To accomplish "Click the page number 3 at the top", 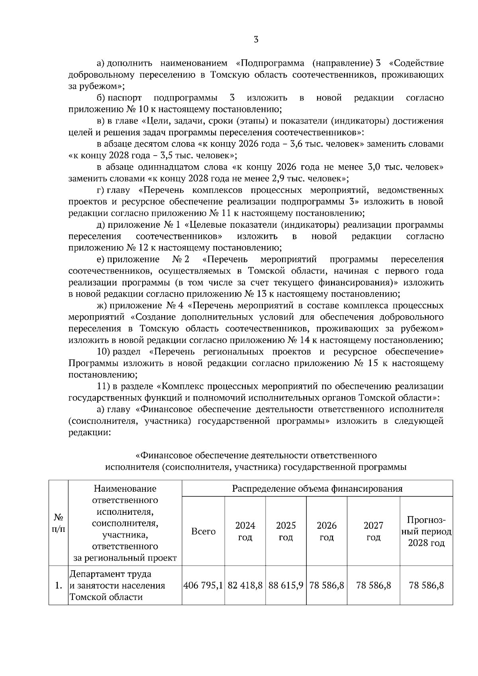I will [256, 39].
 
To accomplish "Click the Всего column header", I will [203, 531].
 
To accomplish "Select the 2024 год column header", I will [245, 531].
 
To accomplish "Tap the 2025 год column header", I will [286, 531].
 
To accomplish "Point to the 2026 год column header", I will [327, 531].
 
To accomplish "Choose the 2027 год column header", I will [373, 531].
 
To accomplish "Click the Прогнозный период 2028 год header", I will [426, 531].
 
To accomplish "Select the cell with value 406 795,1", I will [203, 586].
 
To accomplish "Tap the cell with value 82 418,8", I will [245, 586].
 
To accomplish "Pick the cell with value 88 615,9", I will [286, 586].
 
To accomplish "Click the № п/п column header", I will [59, 523].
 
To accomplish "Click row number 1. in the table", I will [59, 586].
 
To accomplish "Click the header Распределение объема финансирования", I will [317, 488].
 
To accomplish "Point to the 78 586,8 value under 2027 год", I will [373, 586].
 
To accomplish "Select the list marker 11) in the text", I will [104, 387].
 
